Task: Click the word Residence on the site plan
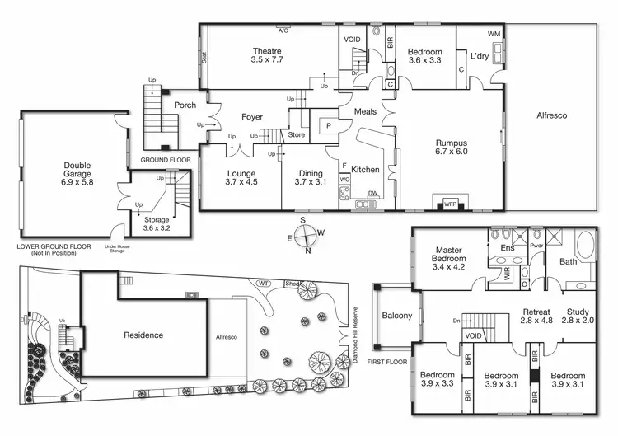pos(143,335)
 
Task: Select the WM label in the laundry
pos(494,34)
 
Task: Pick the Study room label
pos(577,312)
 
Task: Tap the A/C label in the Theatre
pos(283,30)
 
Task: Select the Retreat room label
pos(536,312)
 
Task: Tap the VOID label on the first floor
pos(473,336)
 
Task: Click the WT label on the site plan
pos(265,284)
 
